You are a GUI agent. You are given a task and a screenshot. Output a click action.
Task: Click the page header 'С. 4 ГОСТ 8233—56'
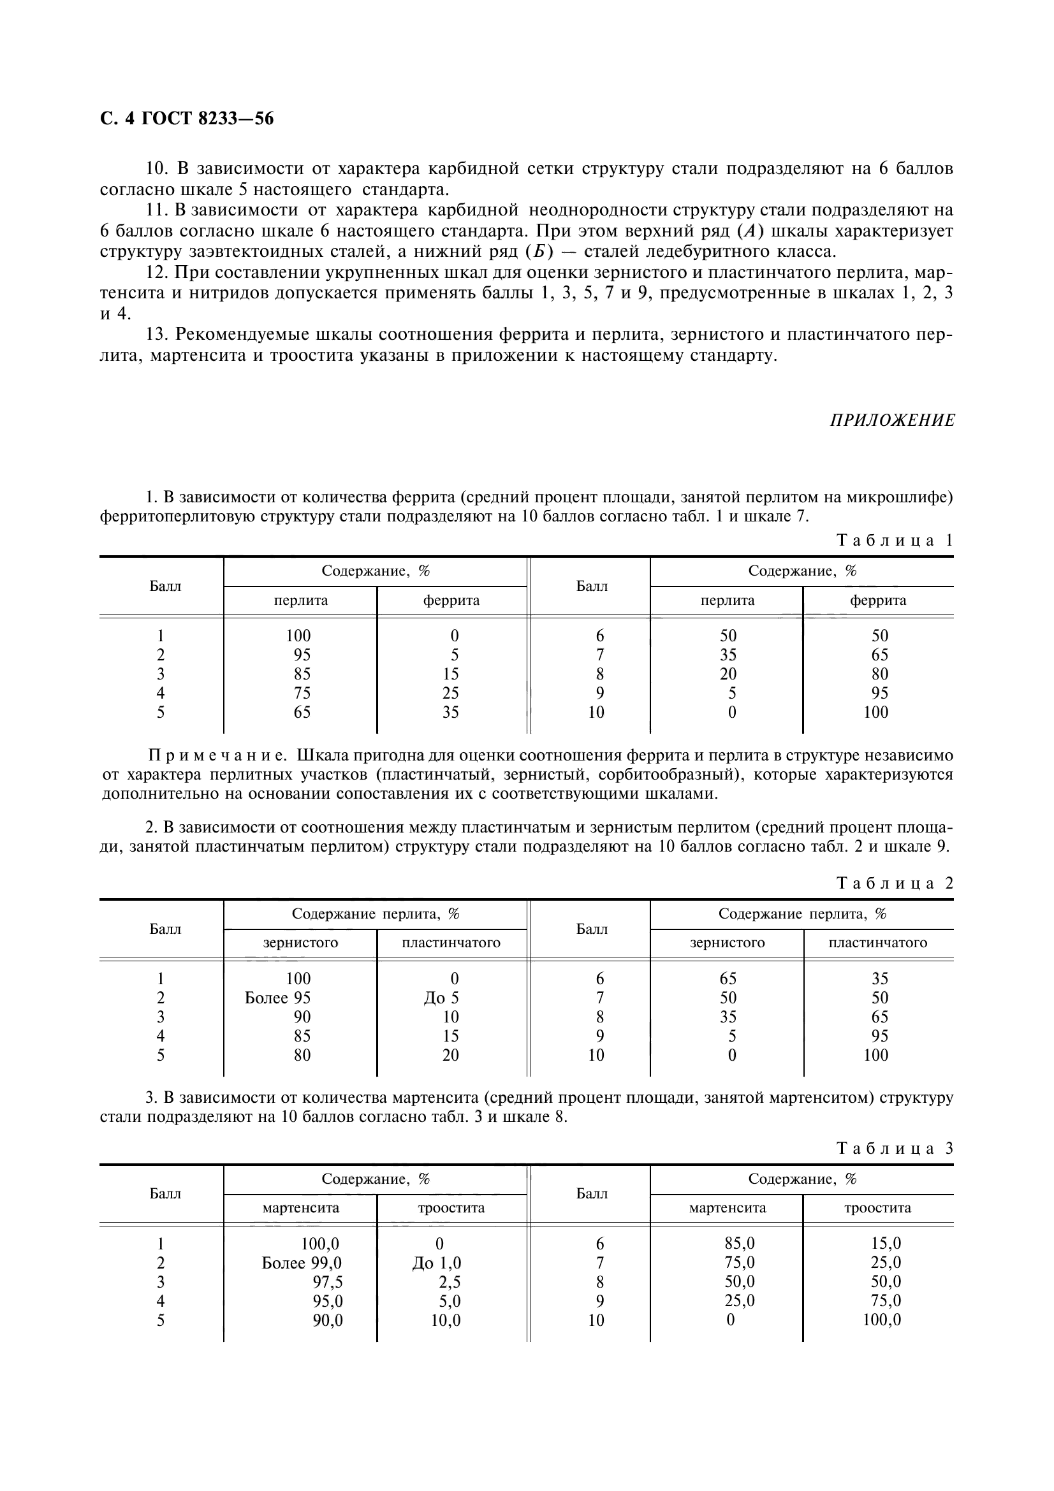click(x=186, y=119)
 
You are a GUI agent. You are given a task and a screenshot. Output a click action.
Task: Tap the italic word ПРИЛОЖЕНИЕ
click(x=892, y=421)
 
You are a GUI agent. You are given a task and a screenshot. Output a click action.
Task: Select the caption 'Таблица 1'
click(x=895, y=541)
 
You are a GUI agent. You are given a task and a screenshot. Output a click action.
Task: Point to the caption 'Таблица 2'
click(x=895, y=883)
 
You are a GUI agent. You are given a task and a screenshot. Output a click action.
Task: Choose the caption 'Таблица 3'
click(x=895, y=1148)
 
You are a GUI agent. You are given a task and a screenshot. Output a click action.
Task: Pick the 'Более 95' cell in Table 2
click(x=277, y=998)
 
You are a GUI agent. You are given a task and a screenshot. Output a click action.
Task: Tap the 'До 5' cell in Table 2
click(x=441, y=998)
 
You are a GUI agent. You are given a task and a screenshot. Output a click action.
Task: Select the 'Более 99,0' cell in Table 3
click(x=302, y=1262)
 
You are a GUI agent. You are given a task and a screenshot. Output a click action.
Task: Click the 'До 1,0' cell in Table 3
click(x=436, y=1262)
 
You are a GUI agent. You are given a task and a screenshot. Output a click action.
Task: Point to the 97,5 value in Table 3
click(x=328, y=1282)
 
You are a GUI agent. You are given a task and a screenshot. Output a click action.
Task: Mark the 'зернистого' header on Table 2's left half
click(x=300, y=942)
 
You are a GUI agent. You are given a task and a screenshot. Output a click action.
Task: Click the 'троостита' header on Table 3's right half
click(x=877, y=1208)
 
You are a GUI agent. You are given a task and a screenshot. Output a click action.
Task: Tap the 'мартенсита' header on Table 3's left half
click(x=301, y=1208)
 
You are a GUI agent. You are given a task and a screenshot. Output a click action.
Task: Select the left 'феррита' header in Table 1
click(x=451, y=600)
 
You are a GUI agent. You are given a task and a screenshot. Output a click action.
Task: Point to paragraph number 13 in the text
click(x=157, y=335)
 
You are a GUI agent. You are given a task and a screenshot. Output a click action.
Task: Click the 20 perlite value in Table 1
click(x=728, y=674)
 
